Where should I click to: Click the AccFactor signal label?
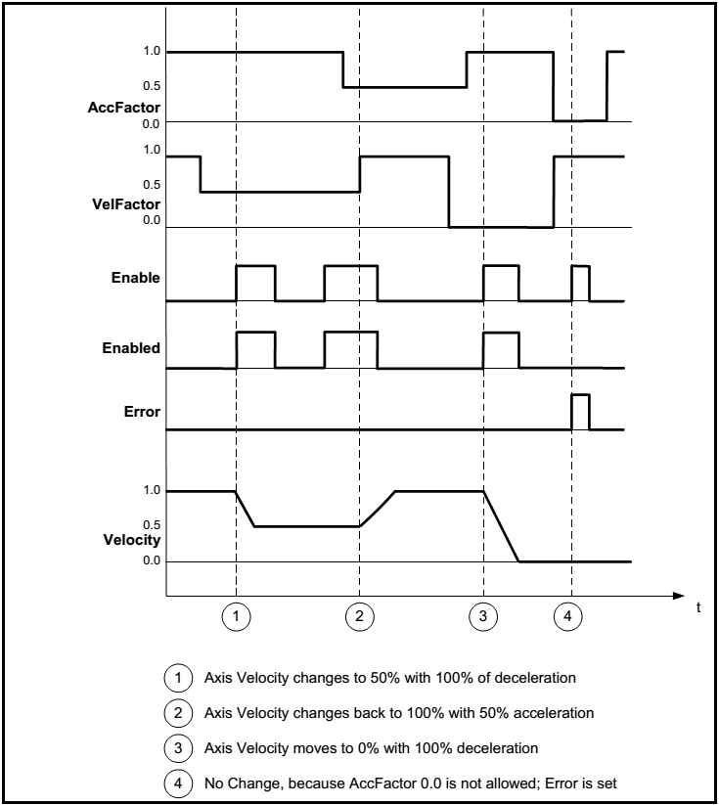(124, 107)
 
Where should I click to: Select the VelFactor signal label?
(125, 204)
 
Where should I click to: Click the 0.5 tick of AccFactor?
(150, 87)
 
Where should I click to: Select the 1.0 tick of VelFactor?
(150, 150)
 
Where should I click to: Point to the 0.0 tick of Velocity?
(150, 561)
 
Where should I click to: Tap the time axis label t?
(698, 607)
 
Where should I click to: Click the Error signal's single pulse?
(580, 412)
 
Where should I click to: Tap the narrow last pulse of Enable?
(580, 283)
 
